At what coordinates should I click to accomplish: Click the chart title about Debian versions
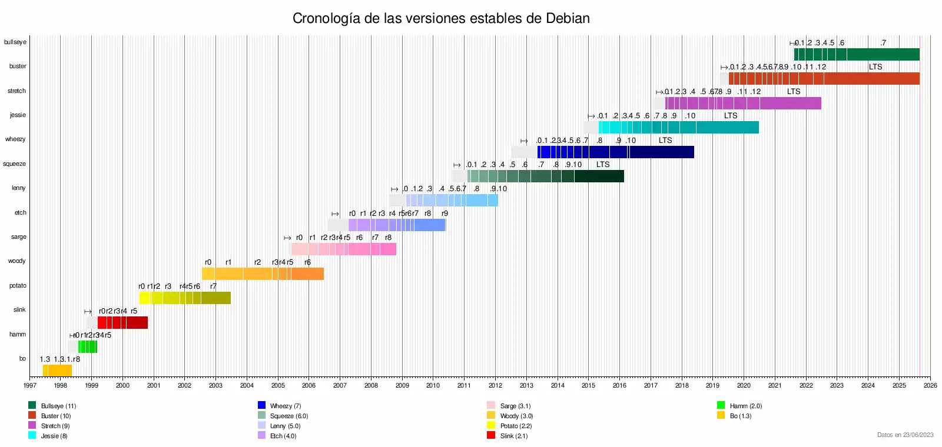click(441, 18)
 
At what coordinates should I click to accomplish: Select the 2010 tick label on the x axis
click(433, 386)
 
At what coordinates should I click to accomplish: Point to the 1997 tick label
click(29, 386)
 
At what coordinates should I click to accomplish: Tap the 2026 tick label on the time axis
click(930, 386)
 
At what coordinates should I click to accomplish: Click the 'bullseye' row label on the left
click(15, 42)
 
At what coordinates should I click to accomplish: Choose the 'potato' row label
click(18, 286)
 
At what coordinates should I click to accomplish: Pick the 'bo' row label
click(22, 359)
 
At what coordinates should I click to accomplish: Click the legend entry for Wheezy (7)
click(285, 406)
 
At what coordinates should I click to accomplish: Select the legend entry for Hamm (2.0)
click(745, 406)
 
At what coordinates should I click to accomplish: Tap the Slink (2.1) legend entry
click(513, 436)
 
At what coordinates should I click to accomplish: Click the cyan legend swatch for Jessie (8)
click(32, 435)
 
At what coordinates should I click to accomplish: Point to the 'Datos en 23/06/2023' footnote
click(905, 435)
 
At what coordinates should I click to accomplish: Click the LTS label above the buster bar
click(875, 67)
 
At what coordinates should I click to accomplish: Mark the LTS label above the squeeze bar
click(603, 165)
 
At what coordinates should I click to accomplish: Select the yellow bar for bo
click(57, 371)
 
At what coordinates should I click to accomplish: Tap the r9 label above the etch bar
click(445, 214)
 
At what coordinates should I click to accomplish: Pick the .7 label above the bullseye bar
click(883, 43)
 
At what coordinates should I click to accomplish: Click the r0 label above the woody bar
click(208, 262)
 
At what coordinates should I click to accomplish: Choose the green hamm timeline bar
click(88, 346)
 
